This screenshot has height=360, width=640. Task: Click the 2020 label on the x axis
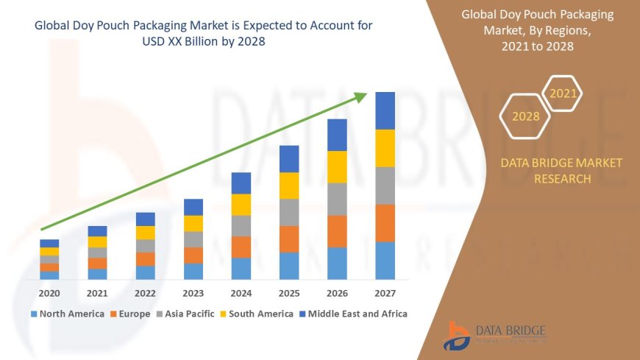(x=49, y=293)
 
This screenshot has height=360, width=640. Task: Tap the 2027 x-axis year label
(x=385, y=293)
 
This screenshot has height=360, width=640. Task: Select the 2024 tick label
(x=241, y=293)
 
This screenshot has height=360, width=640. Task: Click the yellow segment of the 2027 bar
(x=385, y=148)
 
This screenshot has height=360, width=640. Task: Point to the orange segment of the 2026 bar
(x=337, y=231)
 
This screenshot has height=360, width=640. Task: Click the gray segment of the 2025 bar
(x=289, y=212)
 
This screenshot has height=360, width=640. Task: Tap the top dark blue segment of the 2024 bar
(x=241, y=183)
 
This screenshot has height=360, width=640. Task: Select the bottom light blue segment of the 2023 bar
(x=193, y=272)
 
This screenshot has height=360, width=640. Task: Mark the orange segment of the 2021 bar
(x=97, y=264)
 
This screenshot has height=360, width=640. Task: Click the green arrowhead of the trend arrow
(x=360, y=96)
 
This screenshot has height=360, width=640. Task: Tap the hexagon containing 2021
(x=563, y=93)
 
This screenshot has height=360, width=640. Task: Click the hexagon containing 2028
(x=525, y=116)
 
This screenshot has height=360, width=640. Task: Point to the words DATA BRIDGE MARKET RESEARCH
(x=561, y=171)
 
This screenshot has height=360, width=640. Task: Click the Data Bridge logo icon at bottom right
(x=457, y=336)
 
